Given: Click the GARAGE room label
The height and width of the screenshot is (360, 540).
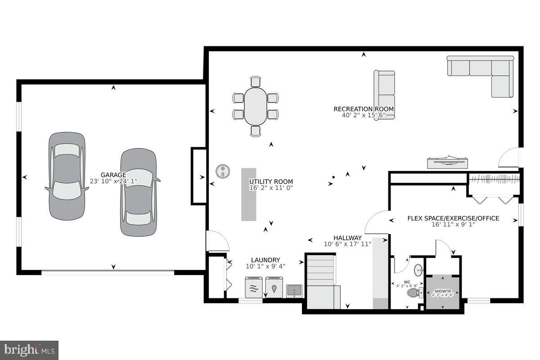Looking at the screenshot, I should pos(113,175).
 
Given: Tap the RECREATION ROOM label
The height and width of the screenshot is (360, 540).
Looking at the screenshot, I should pos(364,109).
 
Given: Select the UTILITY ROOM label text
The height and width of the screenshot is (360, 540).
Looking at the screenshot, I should pos(271,182).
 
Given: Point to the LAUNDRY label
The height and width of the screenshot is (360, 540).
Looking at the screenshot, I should pos(265,260).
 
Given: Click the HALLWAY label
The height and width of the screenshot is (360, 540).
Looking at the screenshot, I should pos(347,238).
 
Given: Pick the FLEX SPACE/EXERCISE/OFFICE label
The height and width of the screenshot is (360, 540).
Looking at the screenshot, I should pos(453,218).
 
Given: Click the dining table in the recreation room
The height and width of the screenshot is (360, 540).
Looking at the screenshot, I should pos(256,106).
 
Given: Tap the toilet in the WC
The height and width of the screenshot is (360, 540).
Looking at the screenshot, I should pos(414,293).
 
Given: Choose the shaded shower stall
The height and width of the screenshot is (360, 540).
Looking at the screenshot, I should pos(443,292).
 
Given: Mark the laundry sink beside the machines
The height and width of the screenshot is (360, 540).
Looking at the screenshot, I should pos(295,291).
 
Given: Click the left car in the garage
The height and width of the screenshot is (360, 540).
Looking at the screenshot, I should pos(67,176).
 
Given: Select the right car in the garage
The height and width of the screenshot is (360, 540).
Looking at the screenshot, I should pos(139,192).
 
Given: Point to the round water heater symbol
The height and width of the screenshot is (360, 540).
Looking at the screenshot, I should pos(222,171).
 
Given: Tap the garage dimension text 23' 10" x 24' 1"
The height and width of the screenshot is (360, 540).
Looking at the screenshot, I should pos(113,181).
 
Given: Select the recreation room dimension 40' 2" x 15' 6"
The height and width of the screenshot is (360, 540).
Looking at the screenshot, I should pos(364,115).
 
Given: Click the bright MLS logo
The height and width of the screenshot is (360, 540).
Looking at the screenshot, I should pos(29,350).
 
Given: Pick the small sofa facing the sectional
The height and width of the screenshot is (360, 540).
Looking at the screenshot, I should pos(384,94).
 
